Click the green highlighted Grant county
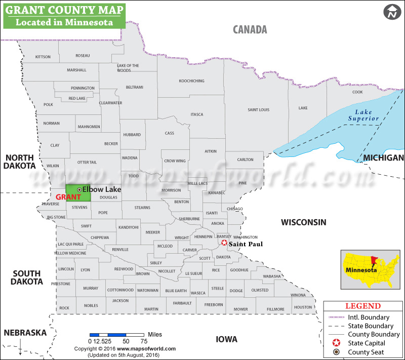(x=78, y=193)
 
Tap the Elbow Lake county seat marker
(x=79, y=189)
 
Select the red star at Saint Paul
(x=224, y=244)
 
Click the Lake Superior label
(x=363, y=115)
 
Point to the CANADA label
(x=250, y=29)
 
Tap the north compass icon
(x=391, y=12)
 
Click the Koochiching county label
(x=191, y=81)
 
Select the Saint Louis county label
(x=258, y=110)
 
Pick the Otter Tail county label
(x=87, y=162)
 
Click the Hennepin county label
(x=203, y=236)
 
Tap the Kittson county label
(x=43, y=57)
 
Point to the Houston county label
(x=303, y=307)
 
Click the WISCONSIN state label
(x=304, y=222)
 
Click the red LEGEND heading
(x=362, y=306)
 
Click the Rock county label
(x=64, y=308)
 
